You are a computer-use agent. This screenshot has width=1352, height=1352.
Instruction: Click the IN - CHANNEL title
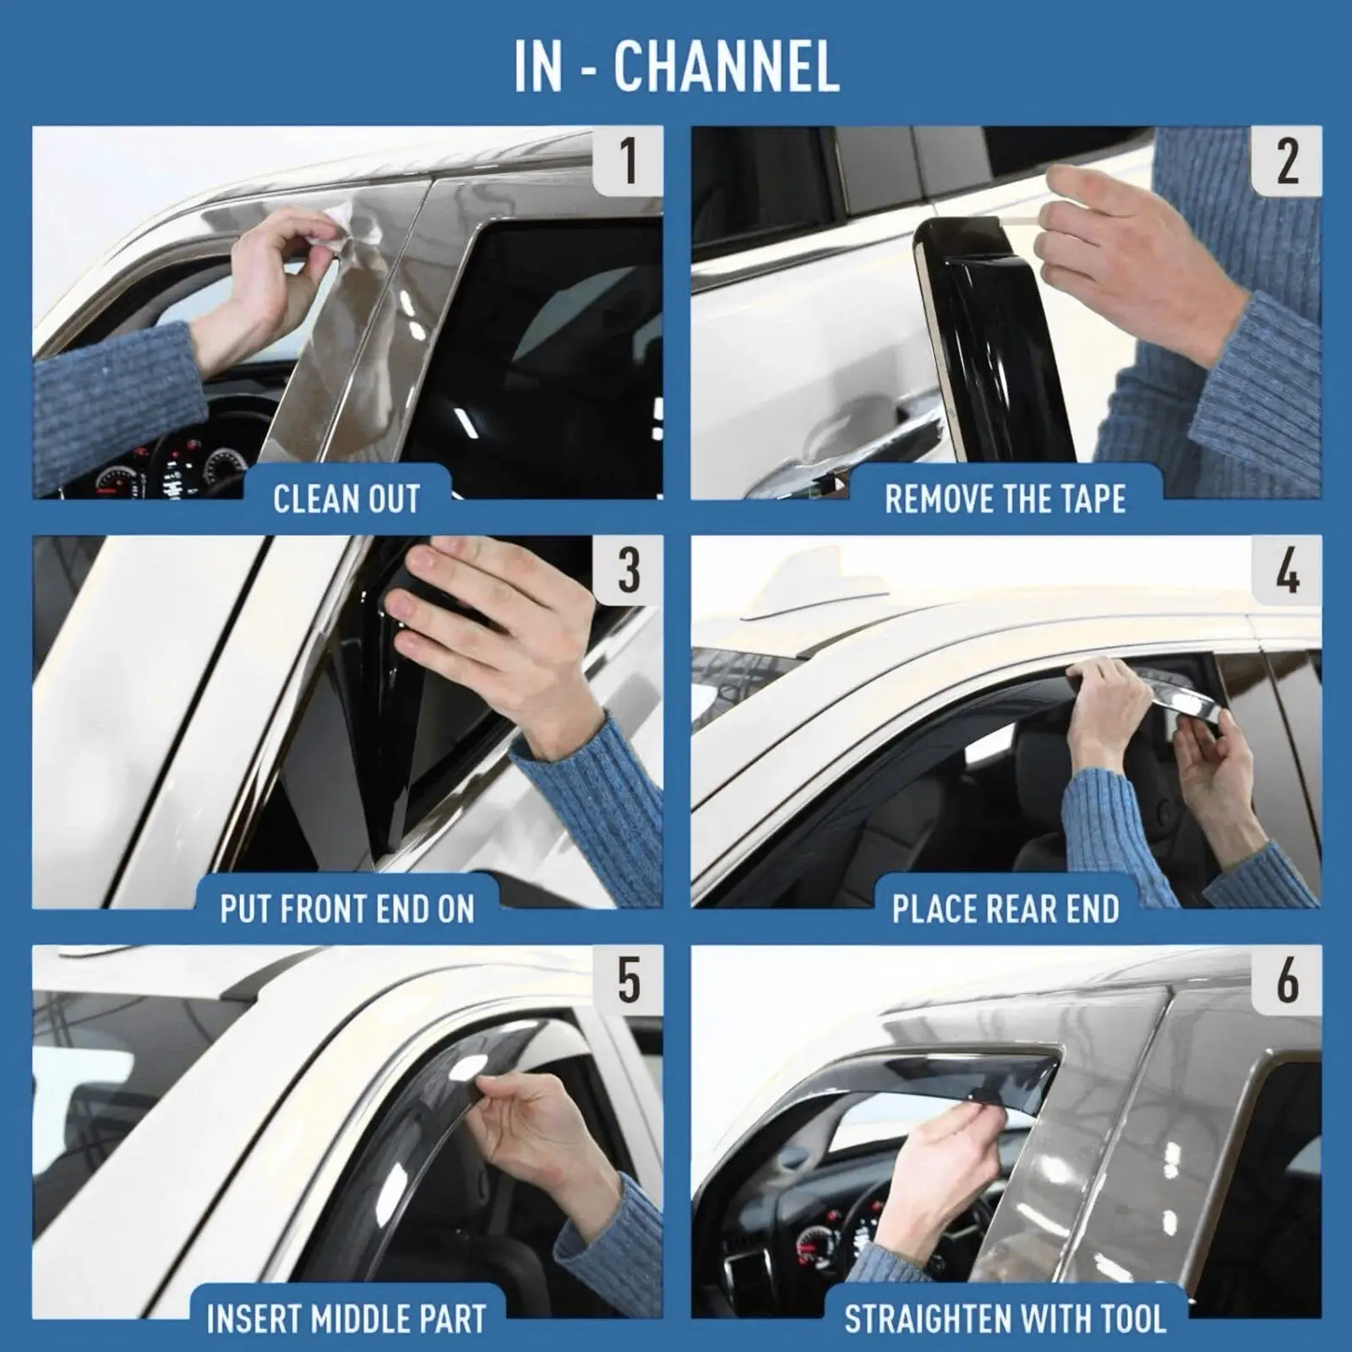coord(676,66)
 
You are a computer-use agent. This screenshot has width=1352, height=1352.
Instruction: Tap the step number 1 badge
coord(628,161)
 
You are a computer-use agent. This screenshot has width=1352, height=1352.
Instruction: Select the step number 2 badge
coord(1286,161)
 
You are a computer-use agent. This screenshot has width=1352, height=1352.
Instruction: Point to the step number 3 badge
coord(628,570)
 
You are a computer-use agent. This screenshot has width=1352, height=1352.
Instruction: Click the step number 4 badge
coord(1286,570)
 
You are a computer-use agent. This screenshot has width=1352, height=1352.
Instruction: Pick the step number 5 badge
coord(628,980)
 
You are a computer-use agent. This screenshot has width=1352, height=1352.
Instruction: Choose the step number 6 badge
coord(1286,980)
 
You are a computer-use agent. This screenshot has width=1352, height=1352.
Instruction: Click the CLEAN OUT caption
coord(346,499)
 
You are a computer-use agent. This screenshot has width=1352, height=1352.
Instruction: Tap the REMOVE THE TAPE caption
coord(1006,499)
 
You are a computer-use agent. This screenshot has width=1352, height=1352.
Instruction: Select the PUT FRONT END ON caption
coord(346,909)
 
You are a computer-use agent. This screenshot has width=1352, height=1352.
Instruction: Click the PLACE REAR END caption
coord(1006,909)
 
